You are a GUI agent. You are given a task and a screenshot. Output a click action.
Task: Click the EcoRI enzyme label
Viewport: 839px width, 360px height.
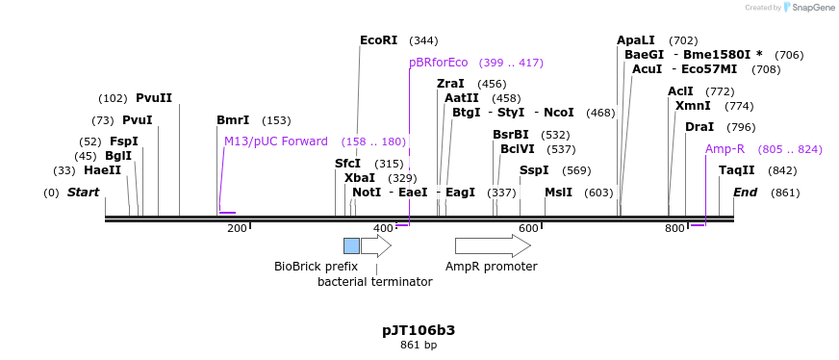point(378,40)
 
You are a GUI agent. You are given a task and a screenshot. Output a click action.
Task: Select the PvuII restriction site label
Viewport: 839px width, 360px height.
point(154,98)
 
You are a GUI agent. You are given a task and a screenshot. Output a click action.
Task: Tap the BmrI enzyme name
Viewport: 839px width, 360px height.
point(233,120)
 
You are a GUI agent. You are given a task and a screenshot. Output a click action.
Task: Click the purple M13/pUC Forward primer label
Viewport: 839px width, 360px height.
point(276,141)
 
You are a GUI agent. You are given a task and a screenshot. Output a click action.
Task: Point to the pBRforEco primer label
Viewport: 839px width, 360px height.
point(438,63)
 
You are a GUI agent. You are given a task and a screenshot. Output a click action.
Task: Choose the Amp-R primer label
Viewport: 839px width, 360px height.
point(725,149)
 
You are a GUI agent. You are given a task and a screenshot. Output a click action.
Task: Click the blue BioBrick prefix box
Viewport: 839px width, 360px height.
point(351,245)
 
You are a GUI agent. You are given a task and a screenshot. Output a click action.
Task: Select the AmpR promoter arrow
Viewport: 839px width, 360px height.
point(493,245)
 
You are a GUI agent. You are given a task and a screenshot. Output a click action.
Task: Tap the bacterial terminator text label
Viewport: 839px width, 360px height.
point(374,282)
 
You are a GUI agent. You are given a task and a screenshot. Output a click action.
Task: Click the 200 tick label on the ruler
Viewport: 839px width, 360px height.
point(237,228)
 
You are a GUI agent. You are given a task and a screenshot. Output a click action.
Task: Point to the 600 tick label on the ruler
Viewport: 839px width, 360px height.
point(528,228)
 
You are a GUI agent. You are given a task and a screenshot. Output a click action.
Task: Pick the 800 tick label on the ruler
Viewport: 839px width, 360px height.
point(674,228)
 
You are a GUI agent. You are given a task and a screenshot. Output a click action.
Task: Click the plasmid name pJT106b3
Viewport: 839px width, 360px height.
point(419,330)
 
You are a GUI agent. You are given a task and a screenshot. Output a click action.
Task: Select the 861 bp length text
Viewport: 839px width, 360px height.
point(419,345)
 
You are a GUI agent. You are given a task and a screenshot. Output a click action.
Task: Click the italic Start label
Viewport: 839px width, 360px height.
point(83,193)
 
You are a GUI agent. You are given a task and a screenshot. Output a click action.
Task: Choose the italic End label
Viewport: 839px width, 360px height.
point(745,193)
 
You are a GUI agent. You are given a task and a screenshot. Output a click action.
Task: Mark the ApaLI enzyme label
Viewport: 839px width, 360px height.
point(635,40)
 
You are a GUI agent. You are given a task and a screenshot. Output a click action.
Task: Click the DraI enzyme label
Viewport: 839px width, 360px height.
point(699,127)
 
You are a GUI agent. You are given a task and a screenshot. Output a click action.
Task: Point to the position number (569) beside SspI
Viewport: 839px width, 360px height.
point(576,171)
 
